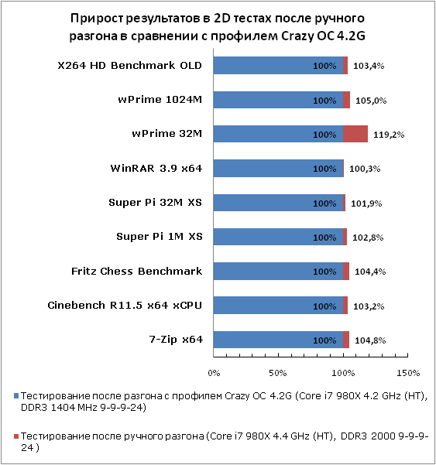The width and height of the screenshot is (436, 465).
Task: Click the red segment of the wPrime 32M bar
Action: click(x=355, y=134)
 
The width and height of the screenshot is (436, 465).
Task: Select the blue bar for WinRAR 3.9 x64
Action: click(x=278, y=168)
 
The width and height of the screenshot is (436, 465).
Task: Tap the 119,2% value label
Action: click(x=389, y=135)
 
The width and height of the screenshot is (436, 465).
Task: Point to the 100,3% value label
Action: click(x=365, y=169)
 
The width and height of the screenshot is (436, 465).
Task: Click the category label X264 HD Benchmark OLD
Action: click(x=129, y=65)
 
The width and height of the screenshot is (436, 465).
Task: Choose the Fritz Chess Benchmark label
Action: click(x=137, y=271)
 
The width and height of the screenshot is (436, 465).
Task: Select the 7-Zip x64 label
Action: click(x=176, y=339)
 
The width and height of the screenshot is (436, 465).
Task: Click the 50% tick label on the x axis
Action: click(x=278, y=373)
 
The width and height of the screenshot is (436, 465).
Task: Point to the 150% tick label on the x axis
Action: click(x=408, y=373)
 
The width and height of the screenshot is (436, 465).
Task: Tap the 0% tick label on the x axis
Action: click(x=214, y=373)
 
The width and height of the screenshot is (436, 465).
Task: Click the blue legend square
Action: click(x=16, y=396)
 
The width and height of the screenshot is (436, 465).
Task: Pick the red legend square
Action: click(x=16, y=436)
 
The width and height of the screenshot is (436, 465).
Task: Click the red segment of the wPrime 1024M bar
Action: click(x=346, y=100)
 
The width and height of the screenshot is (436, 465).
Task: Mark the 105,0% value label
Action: click(x=371, y=101)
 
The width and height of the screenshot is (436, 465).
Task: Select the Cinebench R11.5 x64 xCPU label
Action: click(x=125, y=305)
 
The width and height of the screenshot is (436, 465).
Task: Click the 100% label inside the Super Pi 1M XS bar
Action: click(x=324, y=238)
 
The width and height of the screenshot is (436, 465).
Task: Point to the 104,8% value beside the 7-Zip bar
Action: click(x=370, y=340)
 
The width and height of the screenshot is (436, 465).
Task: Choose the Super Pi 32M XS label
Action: click(x=155, y=202)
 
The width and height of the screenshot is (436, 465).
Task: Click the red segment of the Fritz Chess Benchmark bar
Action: click(x=346, y=271)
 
